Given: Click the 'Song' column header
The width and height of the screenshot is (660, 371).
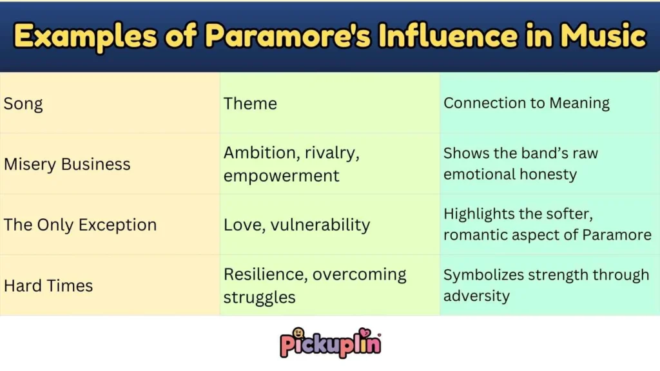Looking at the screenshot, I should point(24,104).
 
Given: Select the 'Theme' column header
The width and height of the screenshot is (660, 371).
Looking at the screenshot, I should point(250,104).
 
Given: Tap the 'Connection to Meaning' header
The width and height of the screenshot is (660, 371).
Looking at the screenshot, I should point(527,103).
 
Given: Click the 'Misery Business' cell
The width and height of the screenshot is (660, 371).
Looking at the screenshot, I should point(67,164).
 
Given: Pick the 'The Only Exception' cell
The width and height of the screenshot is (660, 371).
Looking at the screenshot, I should point(80,225).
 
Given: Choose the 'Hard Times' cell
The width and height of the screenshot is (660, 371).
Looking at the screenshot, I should point(48,285).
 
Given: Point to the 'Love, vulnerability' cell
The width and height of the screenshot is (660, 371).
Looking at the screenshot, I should point(296,225).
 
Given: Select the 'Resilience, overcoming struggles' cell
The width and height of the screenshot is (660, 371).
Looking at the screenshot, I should point(315,285).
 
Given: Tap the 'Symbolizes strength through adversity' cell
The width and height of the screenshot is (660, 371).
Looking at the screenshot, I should point(546,285).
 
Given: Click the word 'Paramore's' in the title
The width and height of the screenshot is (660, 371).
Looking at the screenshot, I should point(289,37).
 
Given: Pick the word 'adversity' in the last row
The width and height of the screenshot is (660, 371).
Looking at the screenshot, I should point(476,296).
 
